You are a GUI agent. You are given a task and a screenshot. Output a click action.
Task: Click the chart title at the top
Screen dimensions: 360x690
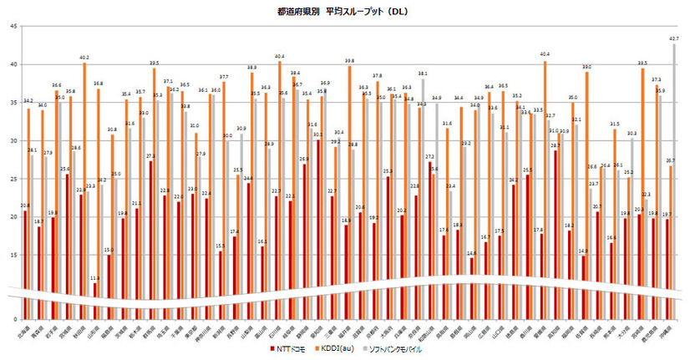(342, 12)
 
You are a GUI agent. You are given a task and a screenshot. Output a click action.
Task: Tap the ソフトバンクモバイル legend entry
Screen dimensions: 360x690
(404, 349)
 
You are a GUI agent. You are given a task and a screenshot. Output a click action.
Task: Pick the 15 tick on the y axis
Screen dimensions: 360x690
(13, 255)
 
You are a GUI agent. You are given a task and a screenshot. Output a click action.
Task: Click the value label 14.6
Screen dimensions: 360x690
(471, 253)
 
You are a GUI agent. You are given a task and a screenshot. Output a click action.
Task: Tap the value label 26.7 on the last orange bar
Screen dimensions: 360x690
(671, 160)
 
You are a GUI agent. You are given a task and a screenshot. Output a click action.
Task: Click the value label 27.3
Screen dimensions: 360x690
(150, 156)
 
